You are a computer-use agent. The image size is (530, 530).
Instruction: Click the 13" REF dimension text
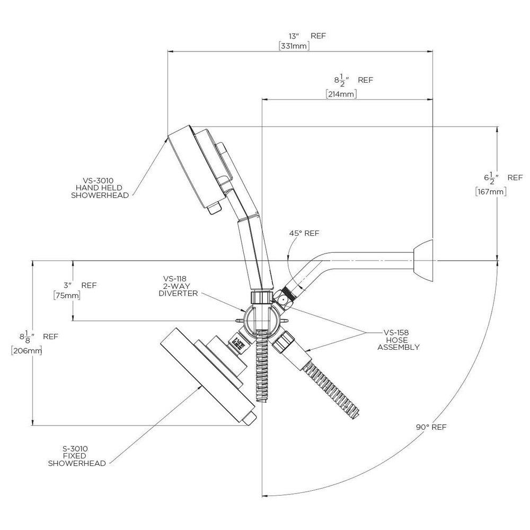307,36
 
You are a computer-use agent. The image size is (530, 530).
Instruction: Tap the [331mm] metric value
294,46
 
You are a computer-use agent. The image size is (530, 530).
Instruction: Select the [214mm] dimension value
341,94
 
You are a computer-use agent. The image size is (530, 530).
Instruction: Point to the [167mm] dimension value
491,192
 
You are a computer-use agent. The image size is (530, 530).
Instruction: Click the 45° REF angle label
304,233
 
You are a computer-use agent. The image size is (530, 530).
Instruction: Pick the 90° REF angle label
431,427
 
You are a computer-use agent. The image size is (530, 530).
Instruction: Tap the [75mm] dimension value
67,296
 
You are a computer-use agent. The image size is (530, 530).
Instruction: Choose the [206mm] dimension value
26,350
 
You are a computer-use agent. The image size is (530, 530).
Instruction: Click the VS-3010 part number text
99,181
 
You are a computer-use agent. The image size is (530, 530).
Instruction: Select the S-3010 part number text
75,449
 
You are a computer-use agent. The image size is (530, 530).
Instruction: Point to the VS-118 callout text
174,279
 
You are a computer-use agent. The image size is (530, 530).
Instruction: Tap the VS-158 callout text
396,333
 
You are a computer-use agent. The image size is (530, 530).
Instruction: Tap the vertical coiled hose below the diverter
263,366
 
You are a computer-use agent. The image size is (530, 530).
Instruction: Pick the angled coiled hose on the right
331,390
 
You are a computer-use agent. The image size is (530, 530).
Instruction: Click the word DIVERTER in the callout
178,294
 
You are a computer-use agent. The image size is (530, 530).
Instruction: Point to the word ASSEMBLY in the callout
398,347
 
